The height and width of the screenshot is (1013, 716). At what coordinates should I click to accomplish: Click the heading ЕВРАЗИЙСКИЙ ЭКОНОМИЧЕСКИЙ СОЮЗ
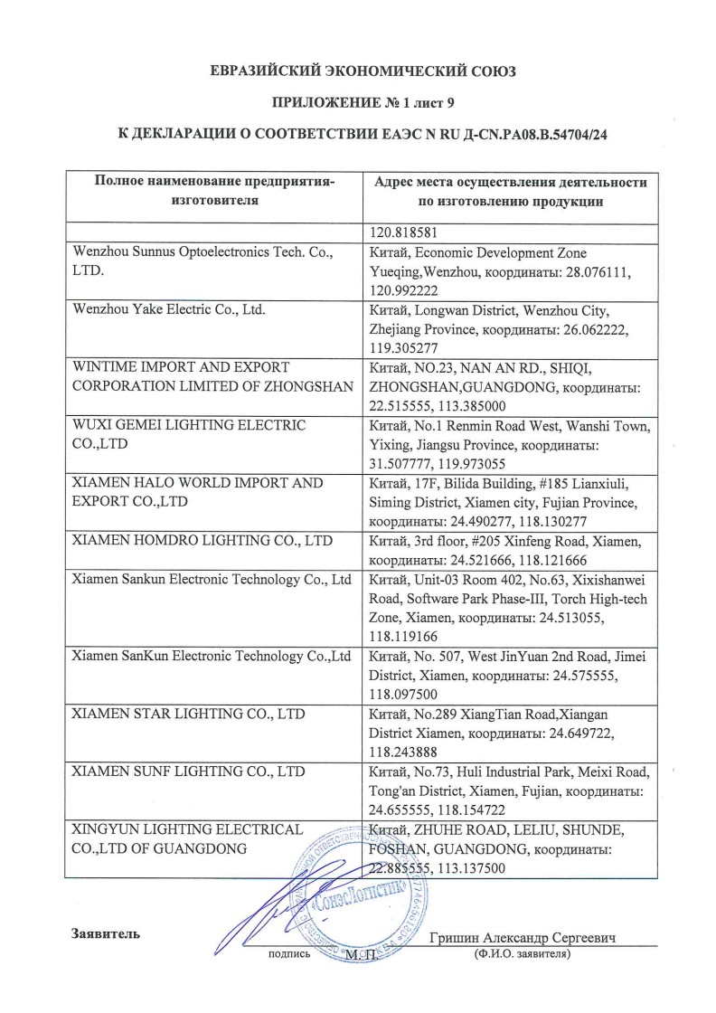[357, 71]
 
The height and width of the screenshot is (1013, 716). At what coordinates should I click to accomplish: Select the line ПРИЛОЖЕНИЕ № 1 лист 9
[357, 102]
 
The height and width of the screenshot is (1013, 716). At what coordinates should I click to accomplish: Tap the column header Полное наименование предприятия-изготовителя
[214, 191]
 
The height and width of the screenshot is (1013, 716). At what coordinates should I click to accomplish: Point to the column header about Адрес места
[510, 191]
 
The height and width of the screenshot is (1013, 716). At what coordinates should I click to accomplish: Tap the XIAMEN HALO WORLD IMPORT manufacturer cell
[197, 492]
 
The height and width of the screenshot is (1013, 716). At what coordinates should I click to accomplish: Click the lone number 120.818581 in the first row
[404, 230]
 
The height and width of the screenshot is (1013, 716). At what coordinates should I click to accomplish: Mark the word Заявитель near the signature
[106, 933]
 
